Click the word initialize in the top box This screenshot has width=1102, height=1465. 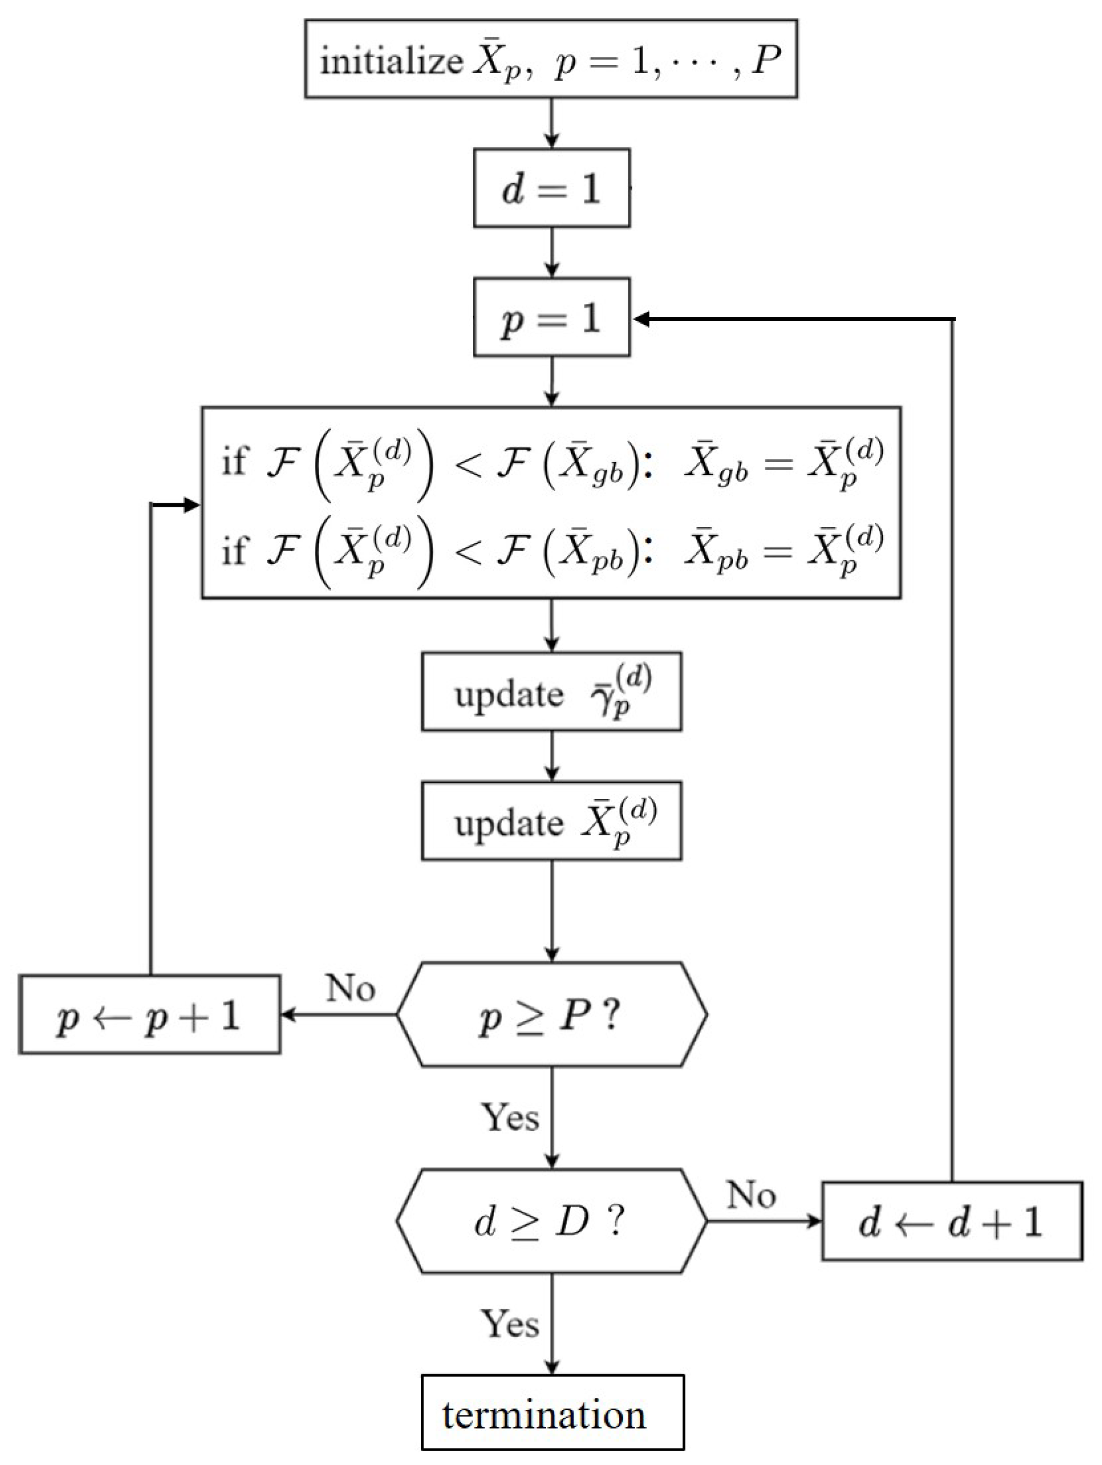click(x=391, y=61)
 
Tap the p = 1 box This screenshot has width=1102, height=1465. click(x=551, y=317)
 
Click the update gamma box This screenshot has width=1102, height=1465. click(x=551, y=692)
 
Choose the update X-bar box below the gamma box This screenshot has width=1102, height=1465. click(x=551, y=820)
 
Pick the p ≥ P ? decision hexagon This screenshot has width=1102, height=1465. click(x=551, y=1015)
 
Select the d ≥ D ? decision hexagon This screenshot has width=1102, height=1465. click(x=551, y=1221)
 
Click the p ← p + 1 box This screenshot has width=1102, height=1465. click(x=149, y=1015)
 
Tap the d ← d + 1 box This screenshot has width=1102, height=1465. click(x=951, y=1221)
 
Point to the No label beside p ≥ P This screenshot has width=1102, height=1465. click(x=350, y=988)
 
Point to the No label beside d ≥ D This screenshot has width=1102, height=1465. click(x=751, y=1195)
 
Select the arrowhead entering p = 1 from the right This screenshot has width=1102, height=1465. click(x=641, y=319)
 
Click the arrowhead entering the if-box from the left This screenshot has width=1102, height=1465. click(x=192, y=506)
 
